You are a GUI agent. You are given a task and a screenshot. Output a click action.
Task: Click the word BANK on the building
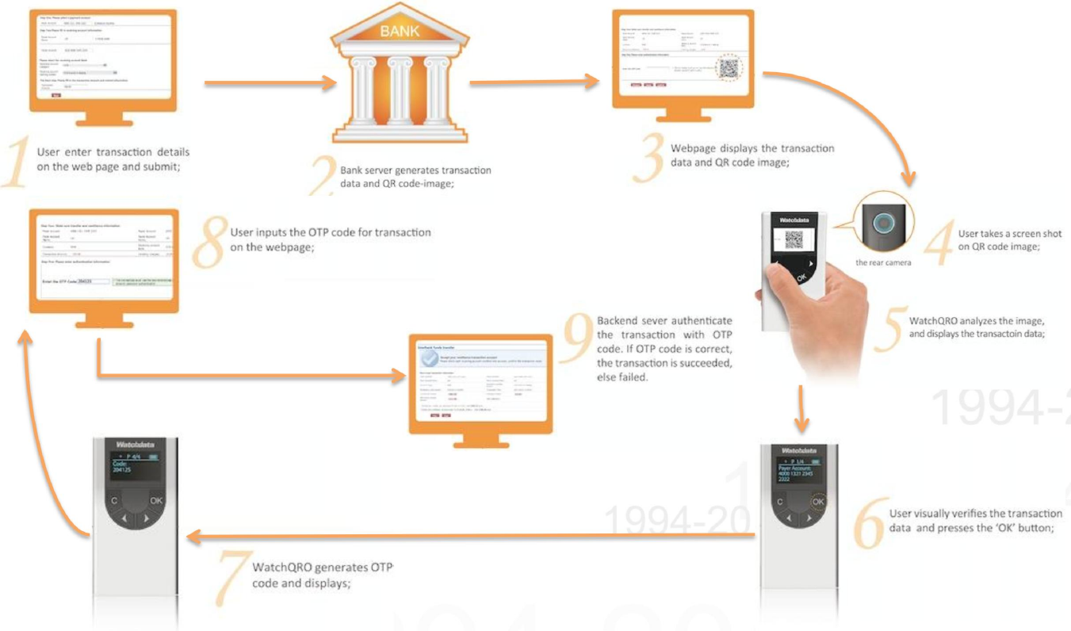396,33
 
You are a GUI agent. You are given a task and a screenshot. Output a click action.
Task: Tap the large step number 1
17,163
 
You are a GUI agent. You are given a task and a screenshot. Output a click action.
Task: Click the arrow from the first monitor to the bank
265,82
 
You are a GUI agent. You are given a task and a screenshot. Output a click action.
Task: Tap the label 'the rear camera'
882,262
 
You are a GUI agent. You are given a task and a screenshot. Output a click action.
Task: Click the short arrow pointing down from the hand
801,407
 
